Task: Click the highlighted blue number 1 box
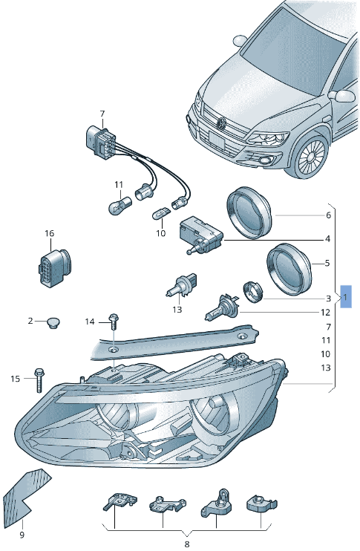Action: pyautogui.click(x=347, y=297)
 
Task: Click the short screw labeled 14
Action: pyautogui.click(x=113, y=321)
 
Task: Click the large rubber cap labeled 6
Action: pyautogui.click(x=249, y=212)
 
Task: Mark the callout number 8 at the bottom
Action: pyautogui.click(x=187, y=545)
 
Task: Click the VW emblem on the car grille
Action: pyautogui.click(x=220, y=123)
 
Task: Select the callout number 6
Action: pyautogui.click(x=327, y=216)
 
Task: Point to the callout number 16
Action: pyautogui.click(x=49, y=234)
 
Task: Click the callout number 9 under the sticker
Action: pyautogui.click(x=22, y=535)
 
